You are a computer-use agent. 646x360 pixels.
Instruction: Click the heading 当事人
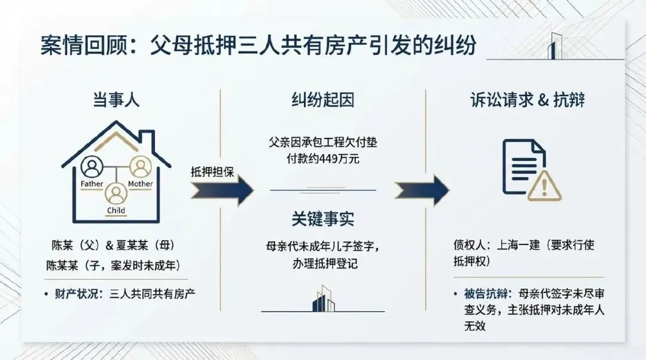point(115,100)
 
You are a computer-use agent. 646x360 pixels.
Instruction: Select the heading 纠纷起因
point(323,100)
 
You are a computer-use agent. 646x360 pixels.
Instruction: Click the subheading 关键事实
point(323,219)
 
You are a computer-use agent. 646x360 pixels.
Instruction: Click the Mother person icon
point(140,166)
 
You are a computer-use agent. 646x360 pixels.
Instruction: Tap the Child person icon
point(115,193)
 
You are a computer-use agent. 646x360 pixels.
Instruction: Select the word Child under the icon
point(115,210)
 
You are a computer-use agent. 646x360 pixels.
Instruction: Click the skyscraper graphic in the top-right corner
point(556,45)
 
